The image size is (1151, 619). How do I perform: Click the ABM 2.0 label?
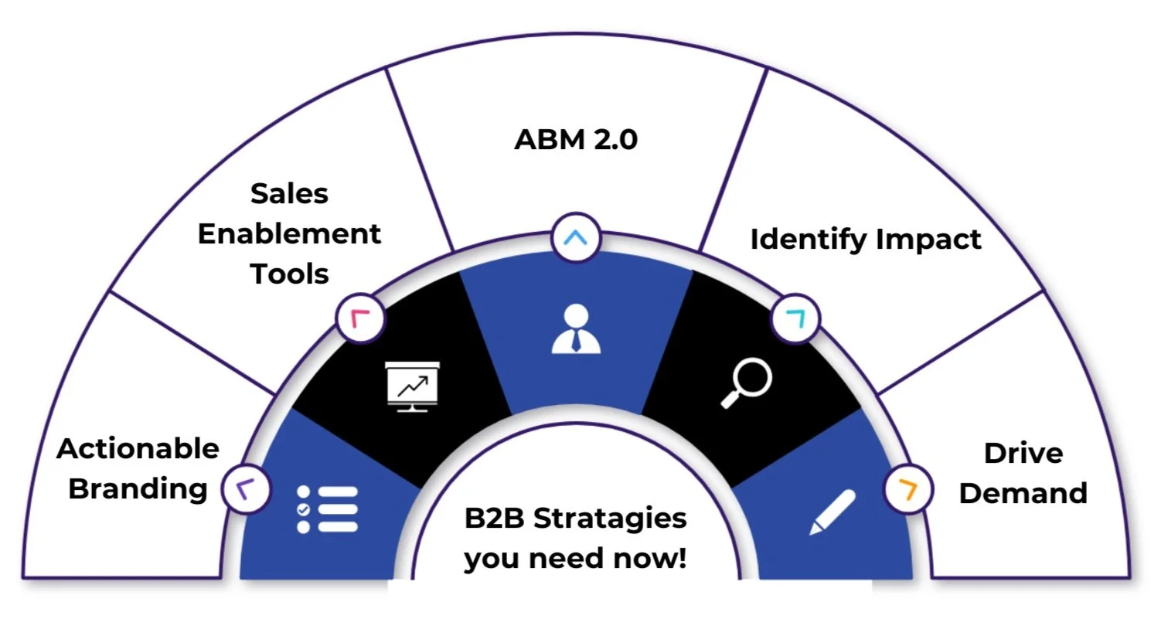tap(576, 141)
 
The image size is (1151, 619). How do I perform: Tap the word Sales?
tap(289, 194)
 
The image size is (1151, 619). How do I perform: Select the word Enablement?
tap(289, 234)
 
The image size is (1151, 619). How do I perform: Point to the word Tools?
tap(289, 274)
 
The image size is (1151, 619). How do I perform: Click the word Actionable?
tap(138, 449)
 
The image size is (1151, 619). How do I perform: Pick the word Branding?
tap(138, 489)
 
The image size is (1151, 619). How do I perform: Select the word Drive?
tap(1023, 453)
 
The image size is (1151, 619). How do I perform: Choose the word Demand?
tap(1023, 493)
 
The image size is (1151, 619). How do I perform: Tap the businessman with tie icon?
tap(575, 329)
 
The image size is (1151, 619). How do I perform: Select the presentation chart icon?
tap(412, 386)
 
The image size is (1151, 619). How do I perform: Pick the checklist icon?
tap(327, 508)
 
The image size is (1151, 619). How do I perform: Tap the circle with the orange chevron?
tap(908, 489)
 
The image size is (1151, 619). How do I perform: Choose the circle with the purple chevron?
tap(246, 489)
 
